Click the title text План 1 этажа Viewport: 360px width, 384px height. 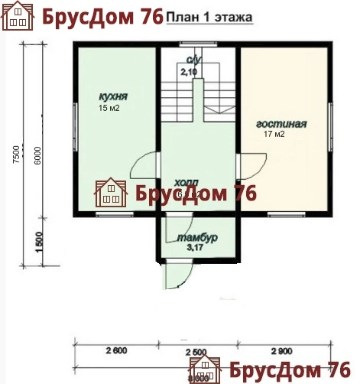pos(211,17)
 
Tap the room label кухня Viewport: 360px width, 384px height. pos(112,97)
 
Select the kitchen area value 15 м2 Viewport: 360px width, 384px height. pos(109,108)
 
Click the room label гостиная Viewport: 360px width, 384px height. pos(281,123)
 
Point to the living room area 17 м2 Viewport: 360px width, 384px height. pos(274,135)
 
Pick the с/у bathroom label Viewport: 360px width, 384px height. pos(190,60)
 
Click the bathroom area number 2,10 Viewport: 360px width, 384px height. pos(189,71)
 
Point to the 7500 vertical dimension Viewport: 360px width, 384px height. pos(16,153)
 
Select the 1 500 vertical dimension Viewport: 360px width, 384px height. pos(37,245)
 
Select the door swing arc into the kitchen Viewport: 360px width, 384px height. pos(144,164)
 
